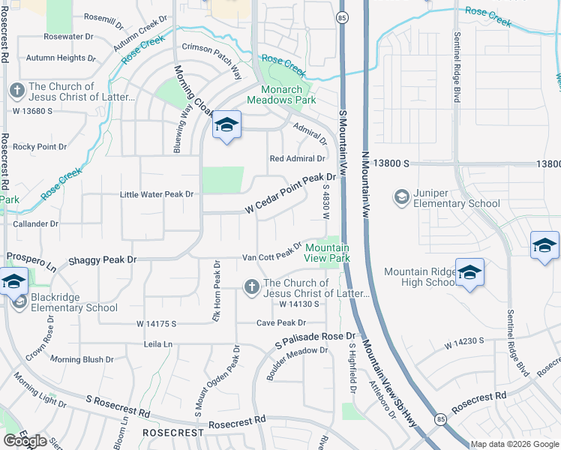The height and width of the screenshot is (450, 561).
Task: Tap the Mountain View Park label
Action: tap(328, 253)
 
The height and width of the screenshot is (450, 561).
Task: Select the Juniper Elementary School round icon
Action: tap(401, 196)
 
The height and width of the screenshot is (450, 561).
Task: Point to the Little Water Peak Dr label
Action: tap(157, 194)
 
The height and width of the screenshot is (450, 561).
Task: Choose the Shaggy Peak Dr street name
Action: tap(103, 259)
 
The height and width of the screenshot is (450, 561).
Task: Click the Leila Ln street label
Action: tap(158, 344)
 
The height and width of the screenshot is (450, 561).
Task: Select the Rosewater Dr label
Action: tap(67, 36)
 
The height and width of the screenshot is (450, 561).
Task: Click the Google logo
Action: tap(25, 441)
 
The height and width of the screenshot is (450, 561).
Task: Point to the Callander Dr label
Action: tap(34, 223)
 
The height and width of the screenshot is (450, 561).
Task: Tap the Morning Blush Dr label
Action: tap(82, 359)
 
